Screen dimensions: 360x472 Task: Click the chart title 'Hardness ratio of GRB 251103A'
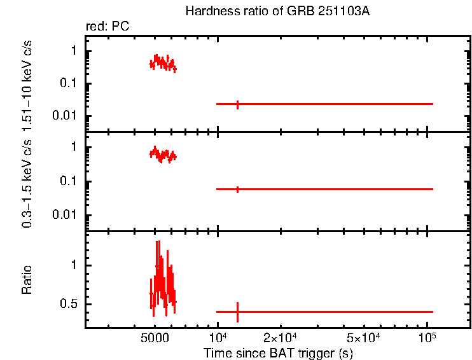277,11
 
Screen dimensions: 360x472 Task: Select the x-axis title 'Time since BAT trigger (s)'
278,352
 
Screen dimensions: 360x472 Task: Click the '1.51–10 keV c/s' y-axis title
28,83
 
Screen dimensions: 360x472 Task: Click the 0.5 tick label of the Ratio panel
70,304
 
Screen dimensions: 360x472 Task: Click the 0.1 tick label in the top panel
70,83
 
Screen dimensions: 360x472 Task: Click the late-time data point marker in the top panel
237,104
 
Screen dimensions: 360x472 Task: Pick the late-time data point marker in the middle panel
237,189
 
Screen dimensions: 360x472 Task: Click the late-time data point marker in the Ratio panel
237,312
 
